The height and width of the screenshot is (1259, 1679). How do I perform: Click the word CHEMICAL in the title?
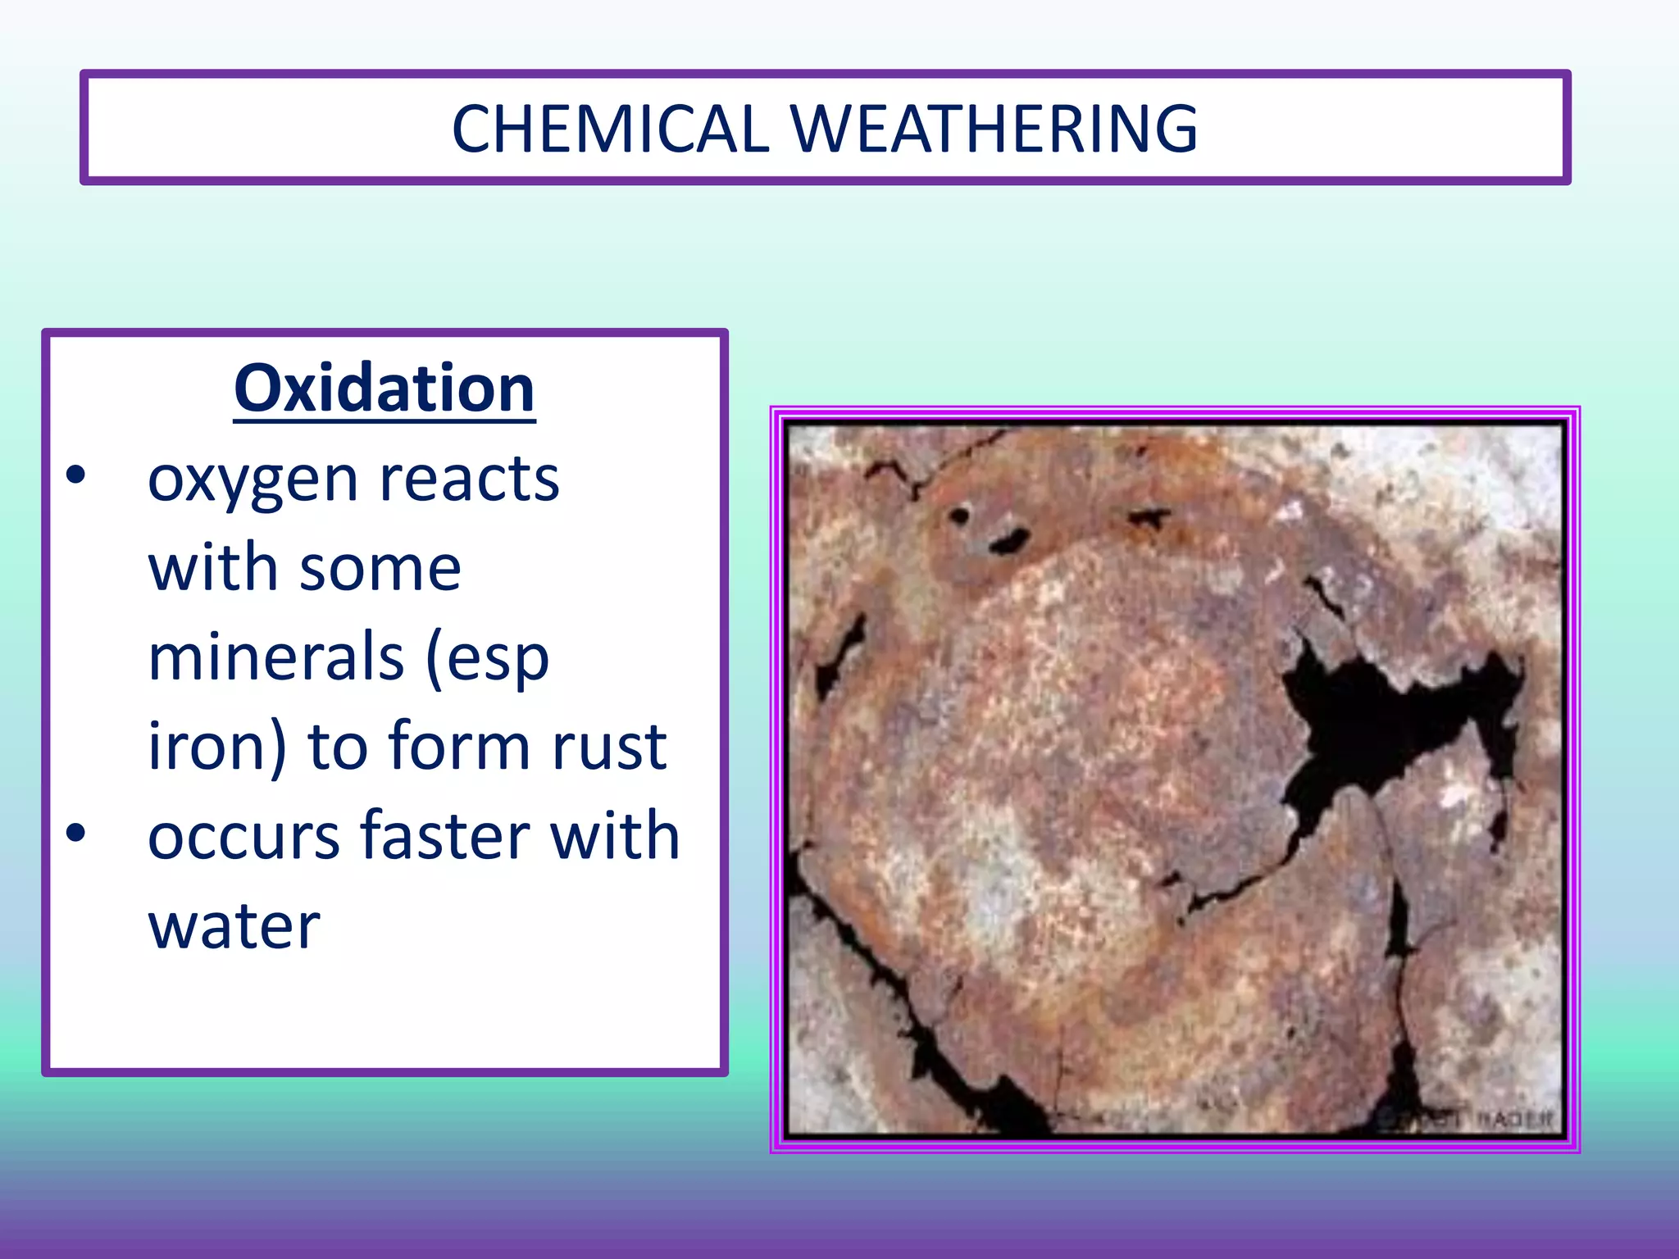pyautogui.click(x=610, y=130)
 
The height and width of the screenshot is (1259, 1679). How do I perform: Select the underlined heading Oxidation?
pyautogui.click(x=384, y=389)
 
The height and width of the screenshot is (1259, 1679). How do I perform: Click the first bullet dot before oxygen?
pyautogui.click(x=75, y=476)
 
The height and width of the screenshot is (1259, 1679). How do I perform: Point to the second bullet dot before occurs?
pyautogui.click(x=75, y=834)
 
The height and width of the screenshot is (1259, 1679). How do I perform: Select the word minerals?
pyautogui.click(x=275, y=657)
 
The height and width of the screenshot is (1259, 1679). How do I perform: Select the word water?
pyautogui.click(x=234, y=926)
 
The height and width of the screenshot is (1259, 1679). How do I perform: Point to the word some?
pyautogui.click(x=380, y=569)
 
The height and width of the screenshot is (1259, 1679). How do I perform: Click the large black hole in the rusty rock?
pyautogui.click(x=1377, y=721)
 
